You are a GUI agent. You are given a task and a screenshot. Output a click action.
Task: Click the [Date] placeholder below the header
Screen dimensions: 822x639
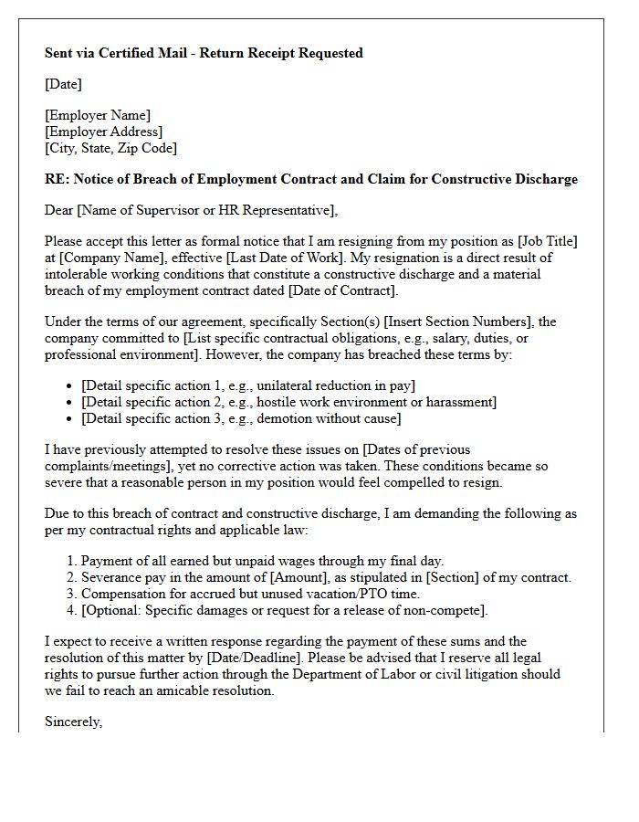(x=63, y=84)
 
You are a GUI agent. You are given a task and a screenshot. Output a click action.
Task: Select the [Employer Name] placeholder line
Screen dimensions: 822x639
(x=98, y=115)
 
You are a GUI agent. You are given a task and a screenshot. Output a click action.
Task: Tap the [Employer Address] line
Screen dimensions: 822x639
(x=103, y=132)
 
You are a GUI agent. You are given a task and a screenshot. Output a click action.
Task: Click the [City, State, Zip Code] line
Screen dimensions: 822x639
(x=110, y=148)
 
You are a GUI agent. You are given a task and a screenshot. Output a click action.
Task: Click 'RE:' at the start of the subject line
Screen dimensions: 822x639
(x=57, y=179)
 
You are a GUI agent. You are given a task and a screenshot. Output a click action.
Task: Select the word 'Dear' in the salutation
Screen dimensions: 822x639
(x=59, y=211)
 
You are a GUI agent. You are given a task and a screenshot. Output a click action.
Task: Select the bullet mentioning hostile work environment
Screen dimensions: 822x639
(x=288, y=403)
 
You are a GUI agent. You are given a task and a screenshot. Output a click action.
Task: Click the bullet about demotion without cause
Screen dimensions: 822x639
(x=241, y=419)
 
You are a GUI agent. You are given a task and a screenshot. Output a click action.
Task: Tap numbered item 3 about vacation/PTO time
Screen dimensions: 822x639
(x=250, y=594)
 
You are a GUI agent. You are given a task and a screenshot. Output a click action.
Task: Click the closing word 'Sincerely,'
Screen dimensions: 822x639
(x=74, y=722)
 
